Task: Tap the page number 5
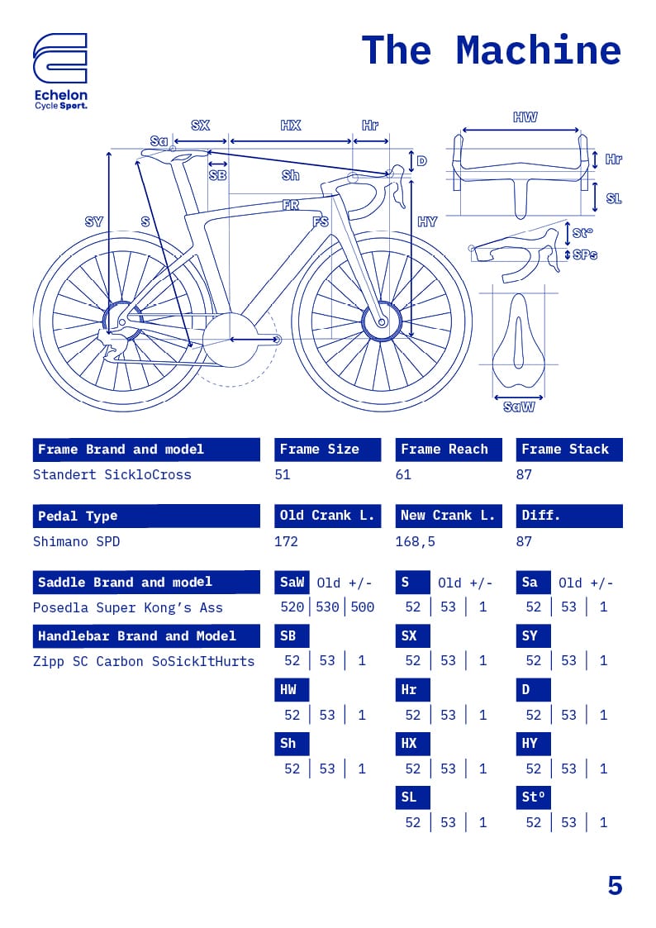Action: click(615, 886)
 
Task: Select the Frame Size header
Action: click(327, 450)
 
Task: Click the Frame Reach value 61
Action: click(403, 474)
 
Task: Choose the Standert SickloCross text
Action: click(112, 474)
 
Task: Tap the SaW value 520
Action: click(292, 607)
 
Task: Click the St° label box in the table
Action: click(533, 797)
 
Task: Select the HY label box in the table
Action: click(533, 744)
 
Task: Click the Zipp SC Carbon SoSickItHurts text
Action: click(144, 661)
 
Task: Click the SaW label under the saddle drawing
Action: click(519, 407)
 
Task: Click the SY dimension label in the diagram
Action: click(94, 221)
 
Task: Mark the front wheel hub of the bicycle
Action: click(382, 321)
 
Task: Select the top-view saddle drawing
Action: click(519, 343)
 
